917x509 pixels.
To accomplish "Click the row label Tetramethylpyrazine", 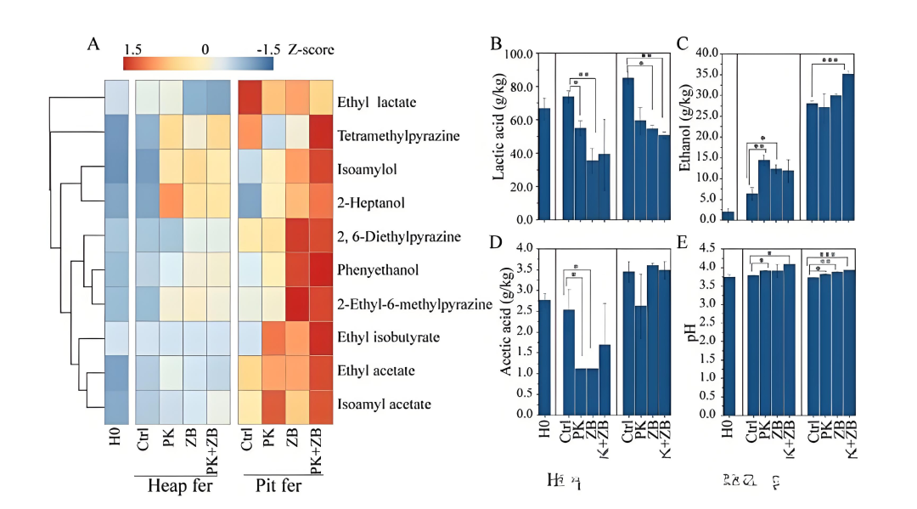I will [398, 136].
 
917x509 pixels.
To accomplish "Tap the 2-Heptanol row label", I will [369, 203].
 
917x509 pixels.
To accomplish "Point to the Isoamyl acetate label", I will [384, 404].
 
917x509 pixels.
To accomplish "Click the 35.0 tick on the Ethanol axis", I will [708, 75].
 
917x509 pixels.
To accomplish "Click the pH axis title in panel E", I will [690, 331].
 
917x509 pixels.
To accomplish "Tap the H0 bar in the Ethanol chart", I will [728, 216].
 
